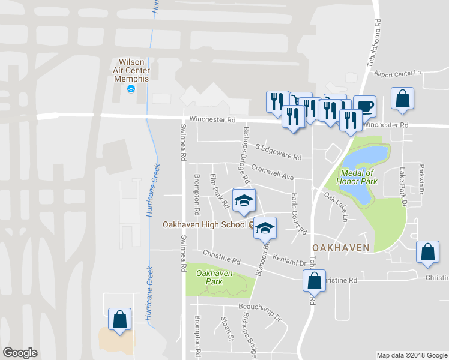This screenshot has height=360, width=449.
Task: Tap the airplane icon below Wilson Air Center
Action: coord(131,89)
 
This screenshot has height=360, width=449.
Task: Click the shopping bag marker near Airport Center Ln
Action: coord(402,99)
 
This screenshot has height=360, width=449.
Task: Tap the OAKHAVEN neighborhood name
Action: coord(340,247)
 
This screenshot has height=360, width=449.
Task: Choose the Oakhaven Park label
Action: coord(214,277)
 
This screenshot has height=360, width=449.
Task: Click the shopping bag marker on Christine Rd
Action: coord(314,280)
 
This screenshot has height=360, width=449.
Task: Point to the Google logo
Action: coord(20,353)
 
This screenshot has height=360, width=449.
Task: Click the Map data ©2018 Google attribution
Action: coord(412,355)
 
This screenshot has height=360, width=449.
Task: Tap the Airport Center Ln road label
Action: coord(398,73)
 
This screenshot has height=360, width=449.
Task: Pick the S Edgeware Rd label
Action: coord(278,152)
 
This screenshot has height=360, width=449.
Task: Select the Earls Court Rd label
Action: coord(298,214)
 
